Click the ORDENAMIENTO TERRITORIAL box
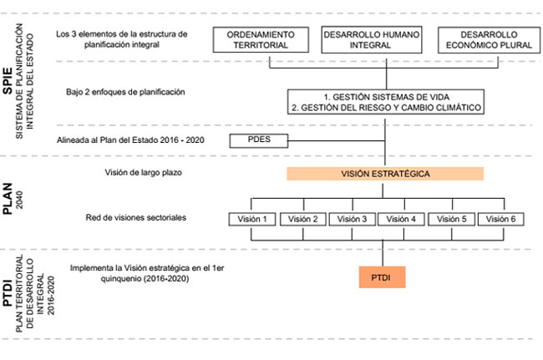pyautogui.click(x=261, y=40)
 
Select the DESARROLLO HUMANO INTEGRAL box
pyautogui.click(x=372, y=40)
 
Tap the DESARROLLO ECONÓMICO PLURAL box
pyautogui.click(x=489, y=40)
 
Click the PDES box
pyautogui.click(x=259, y=141)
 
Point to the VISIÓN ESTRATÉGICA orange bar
pyautogui.click(x=385, y=174)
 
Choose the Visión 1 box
pyautogui.click(x=252, y=219)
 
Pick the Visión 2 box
pyautogui.click(x=303, y=219)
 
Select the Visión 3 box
pyautogui.click(x=353, y=219)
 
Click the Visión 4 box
pyautogui.click(x=401, y=219)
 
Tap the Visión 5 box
pyautogui.click(x=452, y=219)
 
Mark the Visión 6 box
pyautogui.click(x=500, y=219)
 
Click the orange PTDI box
pyautogui.click(x=383, y=277)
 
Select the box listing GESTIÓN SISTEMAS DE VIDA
pyautogui.click(x=386, y=102)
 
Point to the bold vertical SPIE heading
pyautogui.click(x=8, y=81)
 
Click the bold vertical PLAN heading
pyautogui.click(x=8, y=199)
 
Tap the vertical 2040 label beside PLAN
pyautogui.click(x=20, y=200)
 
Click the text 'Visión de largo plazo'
pyautogui.click(x=144, y=172)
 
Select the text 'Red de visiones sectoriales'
pyautogui.click(x=136, y=217)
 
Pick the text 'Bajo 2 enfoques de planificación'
pyautogui.click(x=125, y=92)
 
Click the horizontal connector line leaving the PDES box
pyautogui.click(x=337, y=141)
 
